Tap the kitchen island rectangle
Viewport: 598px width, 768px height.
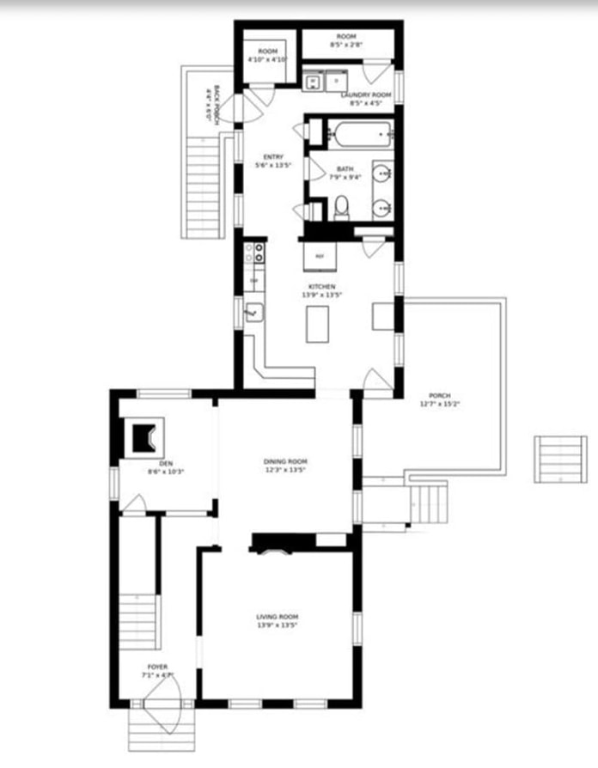(319, 324)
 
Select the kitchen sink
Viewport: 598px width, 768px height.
(253, 312)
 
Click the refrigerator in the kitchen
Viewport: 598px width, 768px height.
(320, 256)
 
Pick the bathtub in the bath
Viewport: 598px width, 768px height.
(361, 135)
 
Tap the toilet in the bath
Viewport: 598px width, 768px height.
(341, 207)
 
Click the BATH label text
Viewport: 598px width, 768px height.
(345, 168)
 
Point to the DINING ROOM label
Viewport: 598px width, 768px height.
(284, 461)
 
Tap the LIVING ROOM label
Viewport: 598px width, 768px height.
(278, 617)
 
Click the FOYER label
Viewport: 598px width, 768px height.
(157, 667)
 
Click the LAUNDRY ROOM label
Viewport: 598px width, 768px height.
(366, 94)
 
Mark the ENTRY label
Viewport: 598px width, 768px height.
(273, 156)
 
